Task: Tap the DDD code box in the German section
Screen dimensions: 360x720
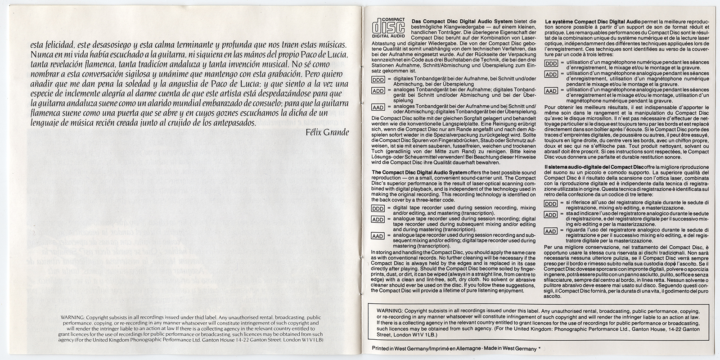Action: [x=378, y=80]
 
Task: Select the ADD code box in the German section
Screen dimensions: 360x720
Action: [x=378, y=91]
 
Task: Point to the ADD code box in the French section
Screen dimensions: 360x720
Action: [x=551, y=74]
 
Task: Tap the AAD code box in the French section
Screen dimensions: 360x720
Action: [x=551, y=91]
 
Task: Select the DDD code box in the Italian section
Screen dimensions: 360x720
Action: [x=551, y=204]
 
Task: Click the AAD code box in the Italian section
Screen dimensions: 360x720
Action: [x=551, y=231]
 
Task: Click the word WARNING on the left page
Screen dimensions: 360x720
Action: [x=72, y=317]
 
